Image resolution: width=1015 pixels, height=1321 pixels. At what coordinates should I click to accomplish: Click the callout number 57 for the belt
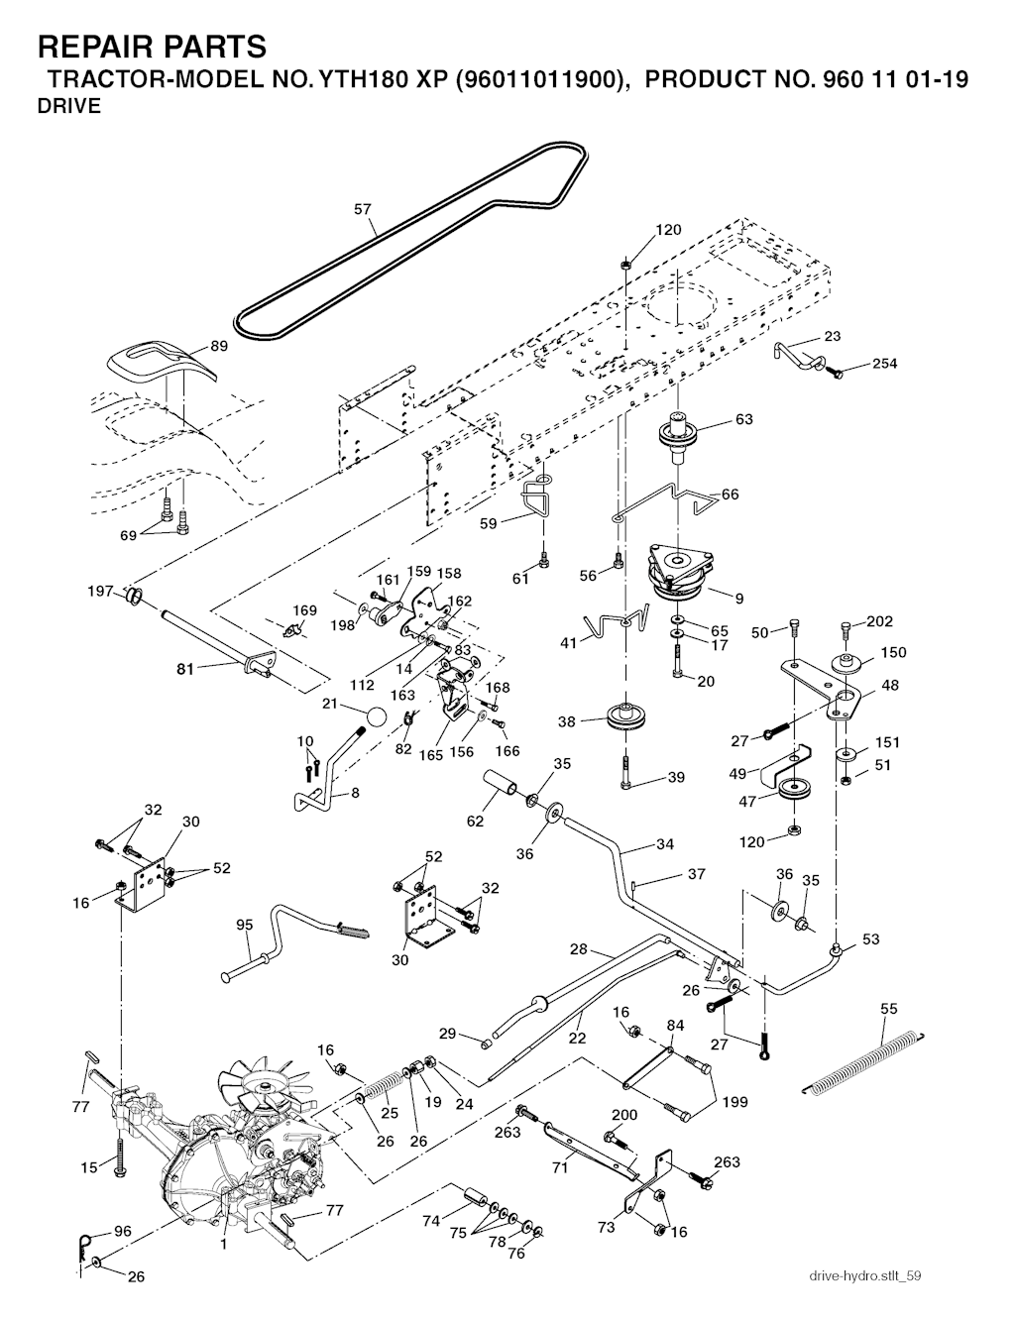(363, 209)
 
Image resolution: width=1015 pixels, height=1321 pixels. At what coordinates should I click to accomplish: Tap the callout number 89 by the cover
(219, 346)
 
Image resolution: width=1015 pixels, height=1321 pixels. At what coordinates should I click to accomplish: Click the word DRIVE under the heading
(68, 107)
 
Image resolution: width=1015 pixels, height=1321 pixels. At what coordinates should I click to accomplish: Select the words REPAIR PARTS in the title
(152, 46)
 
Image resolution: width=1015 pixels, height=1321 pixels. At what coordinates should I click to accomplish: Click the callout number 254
(884, 364)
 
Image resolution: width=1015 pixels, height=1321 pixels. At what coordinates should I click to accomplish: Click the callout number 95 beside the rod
(245, 925)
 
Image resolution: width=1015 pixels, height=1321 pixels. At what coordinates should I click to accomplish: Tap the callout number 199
(734, 1101)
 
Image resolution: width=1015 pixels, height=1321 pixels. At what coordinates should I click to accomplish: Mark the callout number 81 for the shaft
(185, 669)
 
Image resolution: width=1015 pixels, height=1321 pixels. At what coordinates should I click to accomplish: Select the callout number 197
(101, 592)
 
